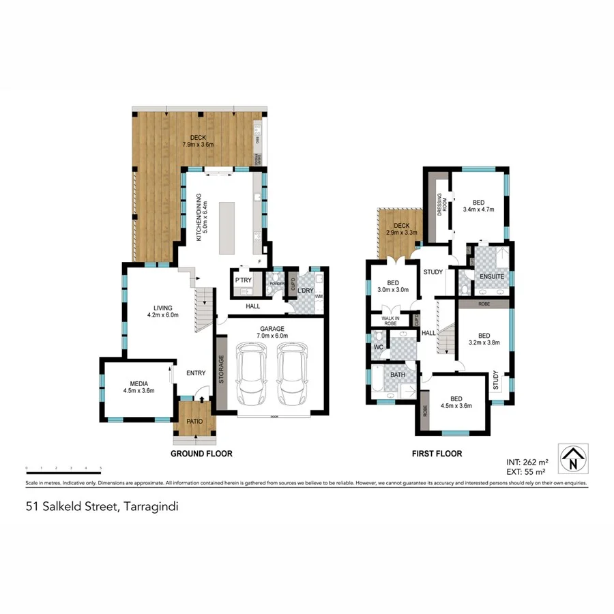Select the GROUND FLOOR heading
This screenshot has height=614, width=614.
tap(201, 454)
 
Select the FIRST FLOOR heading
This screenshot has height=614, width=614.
tap(437, 454)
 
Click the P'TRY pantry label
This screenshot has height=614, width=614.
tap(243, 280)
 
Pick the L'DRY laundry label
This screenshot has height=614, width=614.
tap(305, 291)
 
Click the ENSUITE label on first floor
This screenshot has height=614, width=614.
tap(491, 277)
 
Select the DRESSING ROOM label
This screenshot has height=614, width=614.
tap(441, 204)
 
